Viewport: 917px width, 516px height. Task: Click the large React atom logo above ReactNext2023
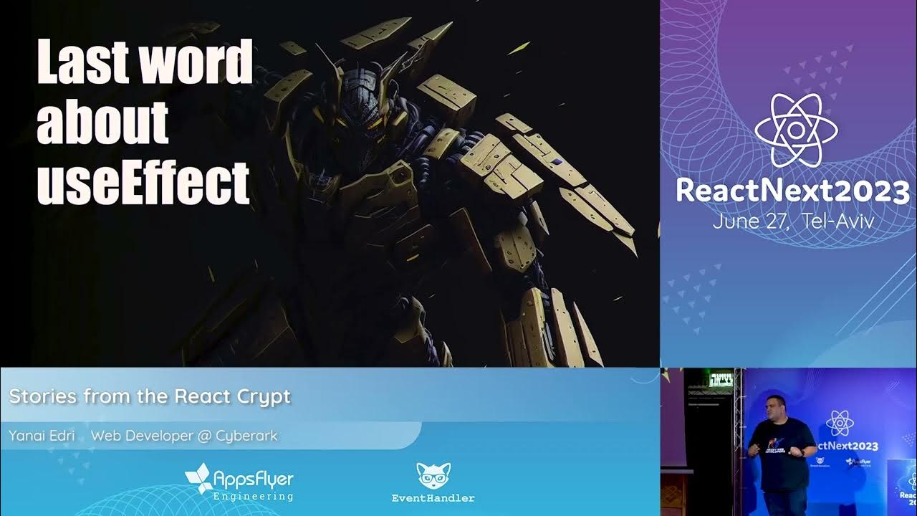pyautogui.click(x=796, y=130)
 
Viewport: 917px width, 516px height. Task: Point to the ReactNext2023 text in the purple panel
pyautogui.click(x=792, y=191)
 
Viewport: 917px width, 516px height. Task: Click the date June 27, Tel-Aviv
pyautogui.click(x=792, y=221)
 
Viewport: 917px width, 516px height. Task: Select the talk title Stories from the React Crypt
pyautogui.click(x=150, y=396)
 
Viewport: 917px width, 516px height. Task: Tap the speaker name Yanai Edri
pyautogui.click(x=42, y=435)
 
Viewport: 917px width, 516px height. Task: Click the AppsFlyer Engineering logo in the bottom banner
pyautogui.click(x=239, y=482)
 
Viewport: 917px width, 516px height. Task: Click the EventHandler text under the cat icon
pyautogui.click(x=433, y=498)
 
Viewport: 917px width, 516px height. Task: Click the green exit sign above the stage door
pyautogui.click(x=721, y=380)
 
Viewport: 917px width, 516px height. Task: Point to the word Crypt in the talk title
pyautogui.click(x=267, y=396)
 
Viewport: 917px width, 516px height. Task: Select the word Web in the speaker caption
pyautogui.click(x=103, y=435)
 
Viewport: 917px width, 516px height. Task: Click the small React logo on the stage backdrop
pyautogui.click(x=840, y=423)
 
